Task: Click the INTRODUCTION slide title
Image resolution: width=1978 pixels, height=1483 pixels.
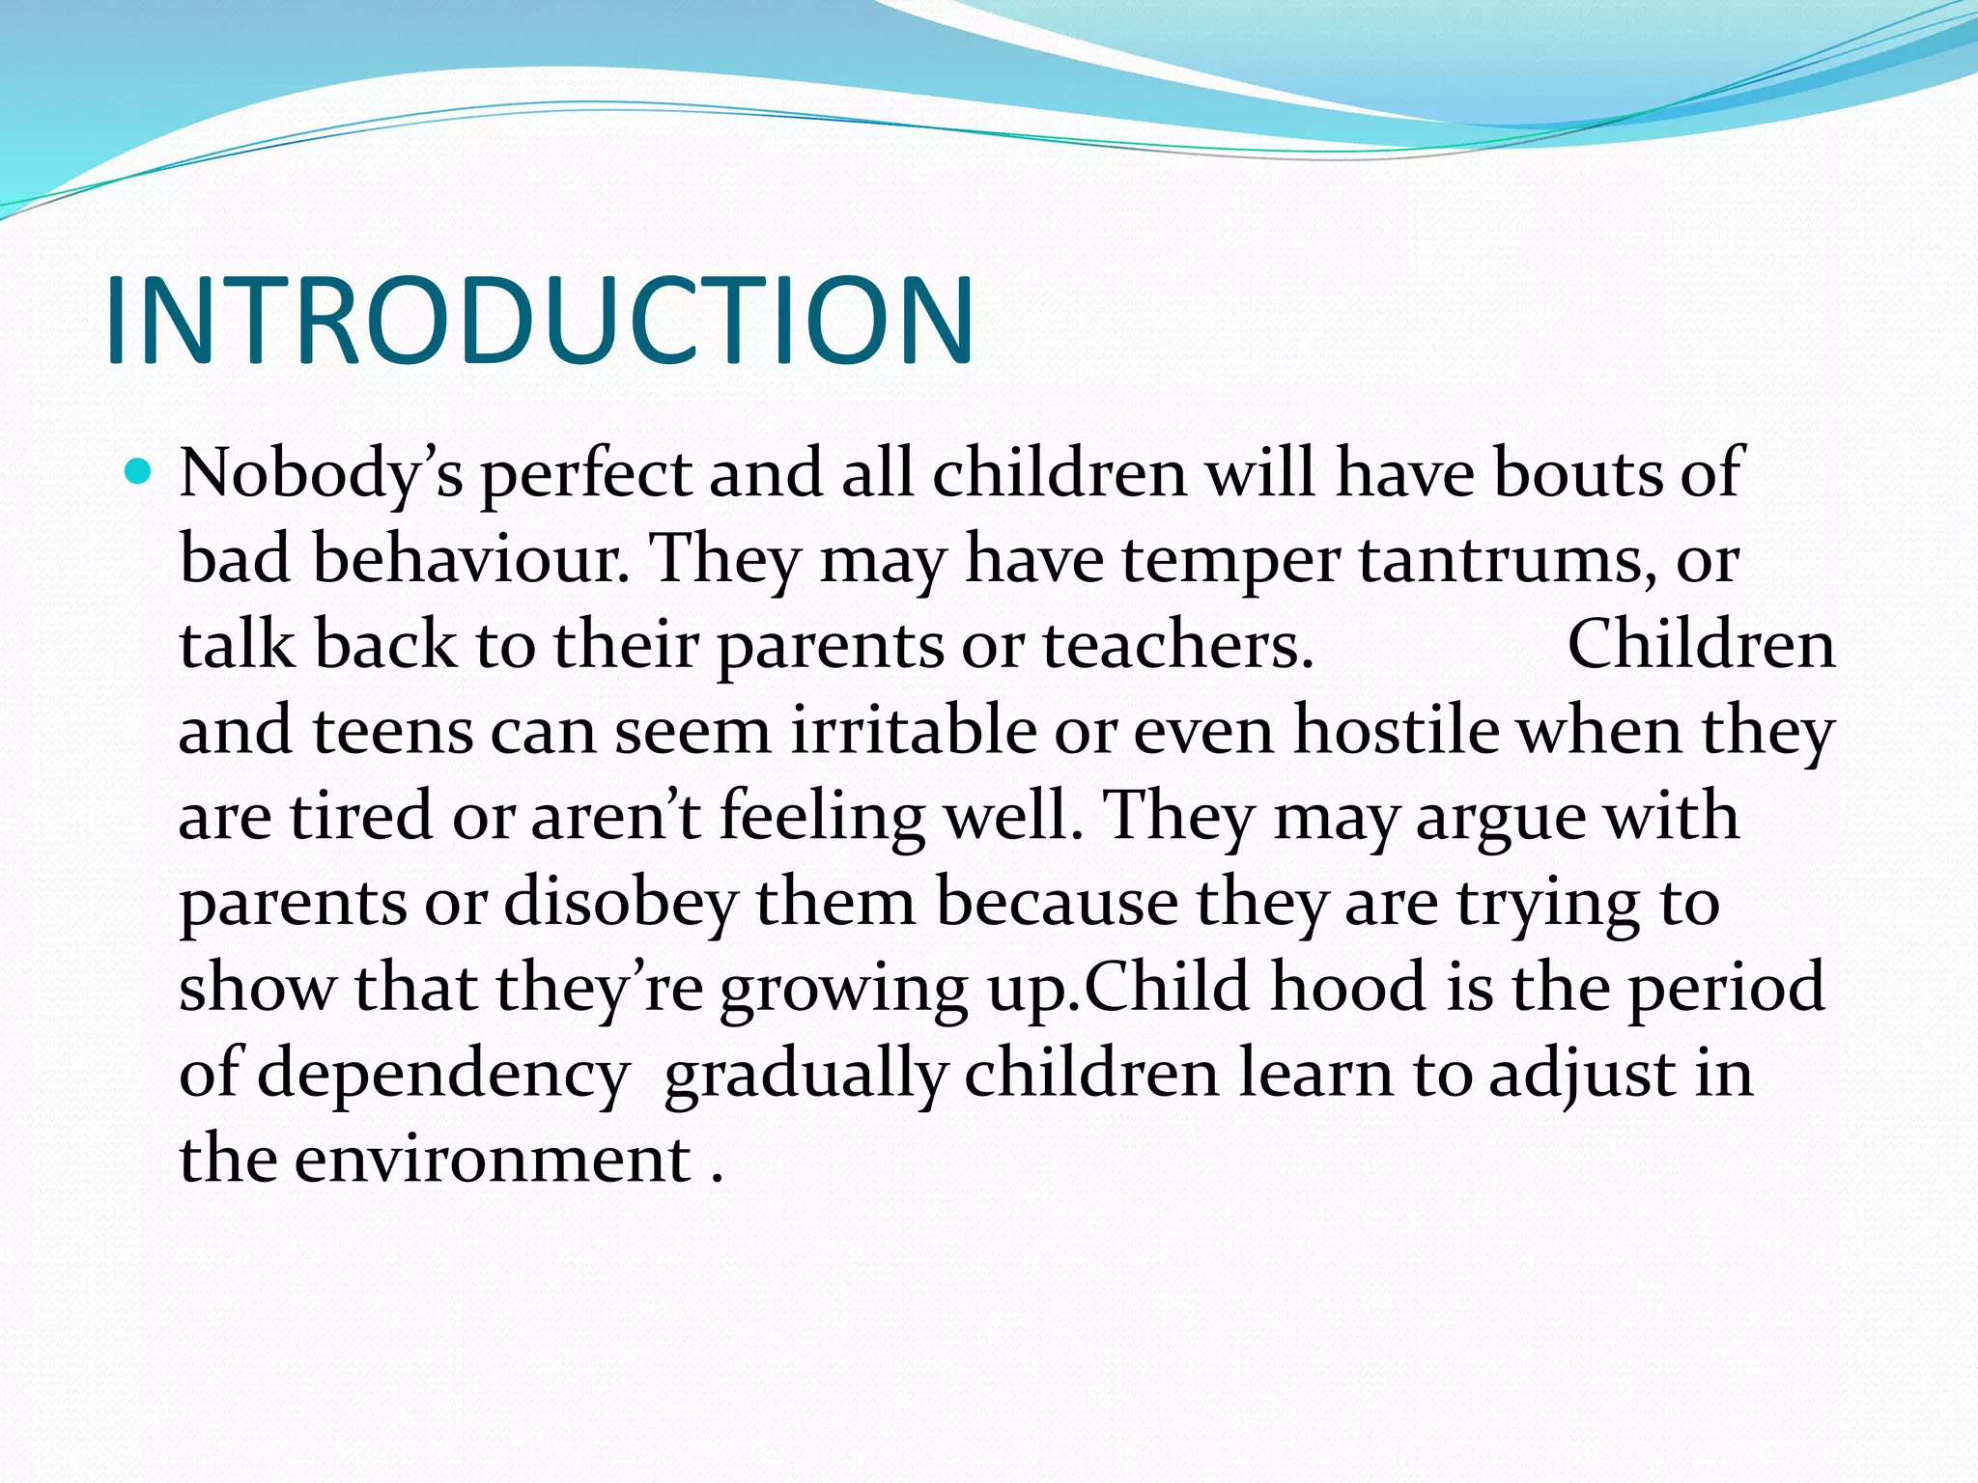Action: (x=539, y=321)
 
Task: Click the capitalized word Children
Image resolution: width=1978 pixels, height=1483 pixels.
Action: (x=1701, y=645)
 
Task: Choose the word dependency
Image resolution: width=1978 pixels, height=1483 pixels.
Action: (x=443, y=1075)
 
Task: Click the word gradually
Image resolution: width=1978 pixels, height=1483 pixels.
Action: (x=805, y=1075)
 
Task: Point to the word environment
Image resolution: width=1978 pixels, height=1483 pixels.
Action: (x=493, y=1160)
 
